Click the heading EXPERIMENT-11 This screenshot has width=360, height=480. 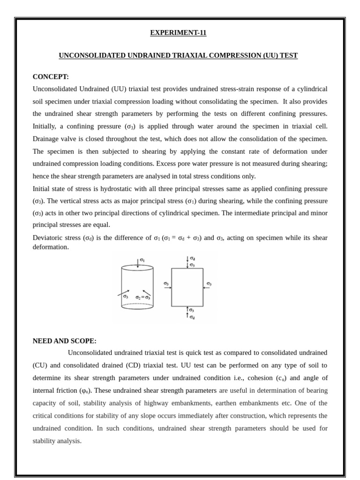pos(178,33)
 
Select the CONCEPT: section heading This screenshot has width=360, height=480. pos(51,77)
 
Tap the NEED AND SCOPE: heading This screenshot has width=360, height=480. pos(64,341)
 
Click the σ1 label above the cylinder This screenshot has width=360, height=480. pos(142,259)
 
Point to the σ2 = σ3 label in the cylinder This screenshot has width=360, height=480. pos(142,297)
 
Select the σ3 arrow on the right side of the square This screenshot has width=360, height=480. pos(207,288)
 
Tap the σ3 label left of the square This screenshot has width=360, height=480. pos(166,283)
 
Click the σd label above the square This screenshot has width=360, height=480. pos(192,258)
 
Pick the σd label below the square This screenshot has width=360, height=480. pos(192,317)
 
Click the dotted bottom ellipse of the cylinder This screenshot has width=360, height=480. pos(137,306)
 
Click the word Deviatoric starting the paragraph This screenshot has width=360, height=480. pos(50,238)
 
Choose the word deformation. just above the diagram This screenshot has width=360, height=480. pos(51,247)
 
